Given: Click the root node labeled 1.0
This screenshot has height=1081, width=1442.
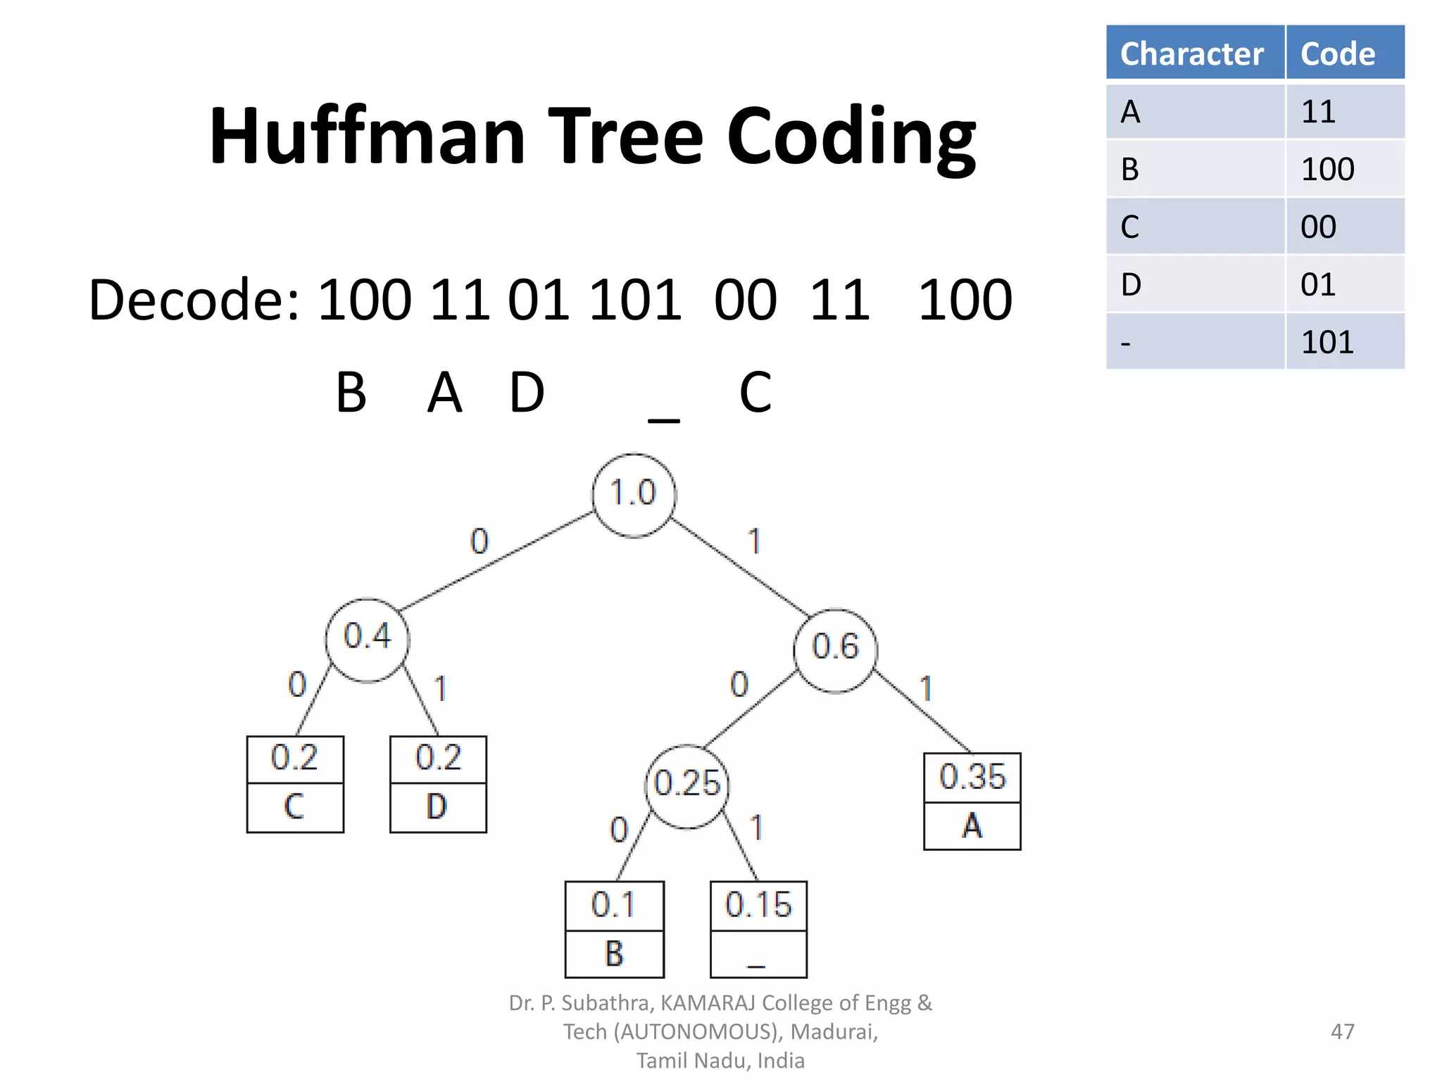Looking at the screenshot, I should point(634,494).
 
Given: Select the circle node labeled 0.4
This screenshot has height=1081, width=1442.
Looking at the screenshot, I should point(367,639).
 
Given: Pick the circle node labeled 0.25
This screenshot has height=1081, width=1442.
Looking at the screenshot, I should point(687,785).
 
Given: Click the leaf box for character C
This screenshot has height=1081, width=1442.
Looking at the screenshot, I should point(295,784).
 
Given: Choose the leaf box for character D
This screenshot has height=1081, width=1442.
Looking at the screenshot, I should point(438,784).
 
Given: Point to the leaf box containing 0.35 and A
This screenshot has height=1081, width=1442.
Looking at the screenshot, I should point(972,801).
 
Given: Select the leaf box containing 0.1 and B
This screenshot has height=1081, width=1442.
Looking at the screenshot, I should point(614,929).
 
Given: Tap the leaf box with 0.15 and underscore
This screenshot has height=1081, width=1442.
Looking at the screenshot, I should point(758,929).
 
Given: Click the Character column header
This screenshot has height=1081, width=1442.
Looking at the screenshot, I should point(1194,53).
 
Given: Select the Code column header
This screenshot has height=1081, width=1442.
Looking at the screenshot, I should point(1343,53).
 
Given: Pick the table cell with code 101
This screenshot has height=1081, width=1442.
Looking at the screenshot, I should point(1343,342).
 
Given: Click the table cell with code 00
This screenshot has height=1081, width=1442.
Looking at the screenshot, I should point(1343,227).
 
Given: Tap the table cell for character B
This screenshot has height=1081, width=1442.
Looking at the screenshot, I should point(1194,169).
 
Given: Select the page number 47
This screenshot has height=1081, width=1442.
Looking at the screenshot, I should point(1342,1032).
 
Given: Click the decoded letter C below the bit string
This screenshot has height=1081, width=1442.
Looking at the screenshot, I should point(756,393).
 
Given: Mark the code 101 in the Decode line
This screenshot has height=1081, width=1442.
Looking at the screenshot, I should point(634,300).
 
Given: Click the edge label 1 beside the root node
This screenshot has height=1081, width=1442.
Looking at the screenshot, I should point(754,541).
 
